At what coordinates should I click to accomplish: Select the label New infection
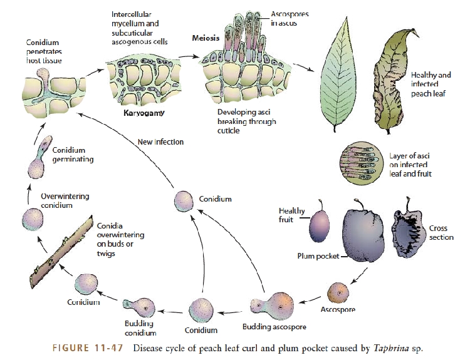pos(160,142)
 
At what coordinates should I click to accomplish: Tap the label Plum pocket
pos(318,256)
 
